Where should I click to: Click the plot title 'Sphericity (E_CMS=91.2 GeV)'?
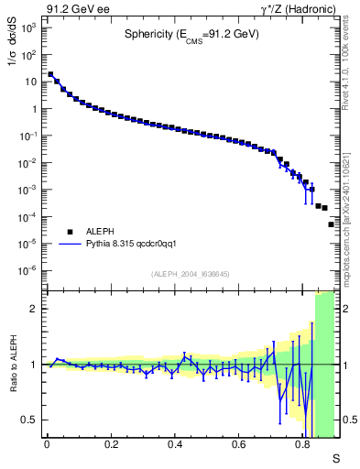[191, 35]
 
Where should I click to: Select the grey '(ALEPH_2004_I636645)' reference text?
[191, 274]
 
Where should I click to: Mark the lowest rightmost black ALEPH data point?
[332, 224]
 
